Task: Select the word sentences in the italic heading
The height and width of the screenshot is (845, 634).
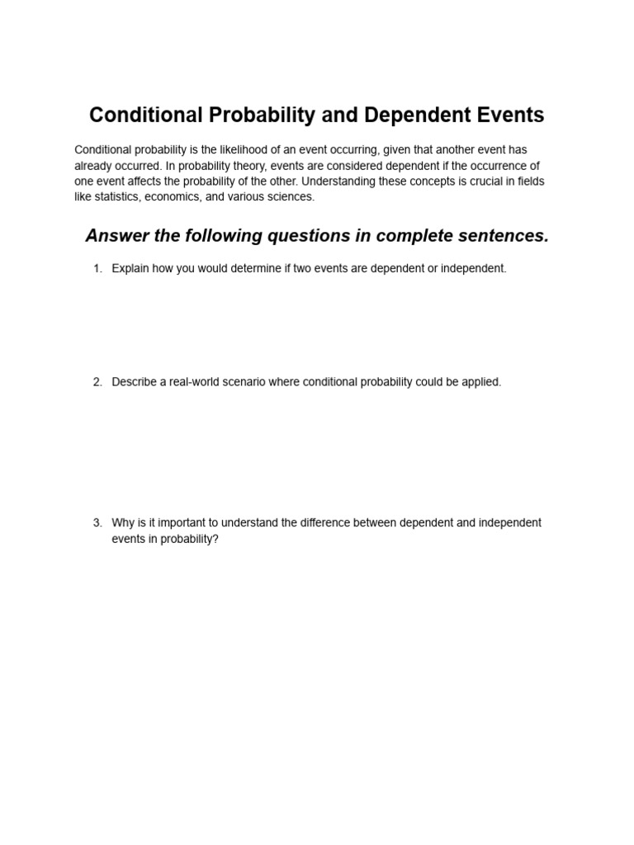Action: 505,236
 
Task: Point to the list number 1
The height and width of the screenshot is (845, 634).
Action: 97,269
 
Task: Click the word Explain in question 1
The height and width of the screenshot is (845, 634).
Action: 131,269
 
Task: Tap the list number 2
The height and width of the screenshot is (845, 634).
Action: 97,383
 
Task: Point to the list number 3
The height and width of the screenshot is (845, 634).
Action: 97,523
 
